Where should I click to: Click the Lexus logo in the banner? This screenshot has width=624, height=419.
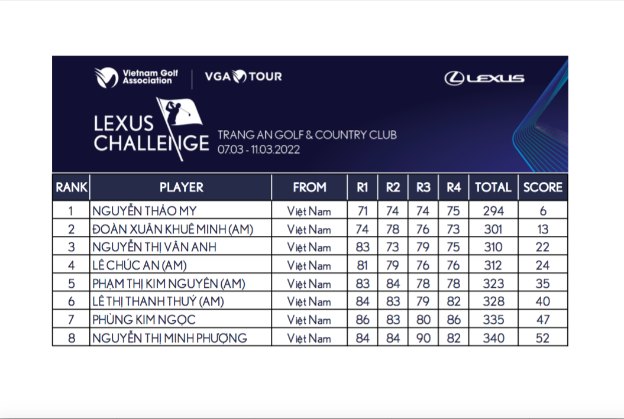coord(484,78)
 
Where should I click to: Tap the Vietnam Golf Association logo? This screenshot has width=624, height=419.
coord(132,77)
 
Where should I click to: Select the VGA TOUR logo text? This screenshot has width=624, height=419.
coord(243,76)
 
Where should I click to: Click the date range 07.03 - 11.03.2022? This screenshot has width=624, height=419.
coord(258,150)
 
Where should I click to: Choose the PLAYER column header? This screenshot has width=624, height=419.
coord(181,187)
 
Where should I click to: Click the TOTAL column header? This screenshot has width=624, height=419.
coord(493,187)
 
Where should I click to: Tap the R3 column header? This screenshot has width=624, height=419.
coord(423,187)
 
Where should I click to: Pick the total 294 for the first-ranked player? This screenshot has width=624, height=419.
coord(493,211)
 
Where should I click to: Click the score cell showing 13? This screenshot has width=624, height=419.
coord(542,229)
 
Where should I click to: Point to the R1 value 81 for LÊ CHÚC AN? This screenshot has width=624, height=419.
coord(363,265)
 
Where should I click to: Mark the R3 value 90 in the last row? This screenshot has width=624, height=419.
coord(423,338)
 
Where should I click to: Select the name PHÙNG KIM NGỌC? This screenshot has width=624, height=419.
coord(143,320)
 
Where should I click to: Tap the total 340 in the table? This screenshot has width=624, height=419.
coord(493,338)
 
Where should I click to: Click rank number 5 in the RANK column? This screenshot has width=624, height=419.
coord(71,284)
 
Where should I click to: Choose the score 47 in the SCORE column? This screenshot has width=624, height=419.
coord(542,320)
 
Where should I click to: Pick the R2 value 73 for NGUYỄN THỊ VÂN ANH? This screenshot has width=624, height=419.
coord(393,247)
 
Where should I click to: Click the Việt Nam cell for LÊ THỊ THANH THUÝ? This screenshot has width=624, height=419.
coord(309,302)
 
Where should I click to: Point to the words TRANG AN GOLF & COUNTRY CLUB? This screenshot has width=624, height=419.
coord(307,135)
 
